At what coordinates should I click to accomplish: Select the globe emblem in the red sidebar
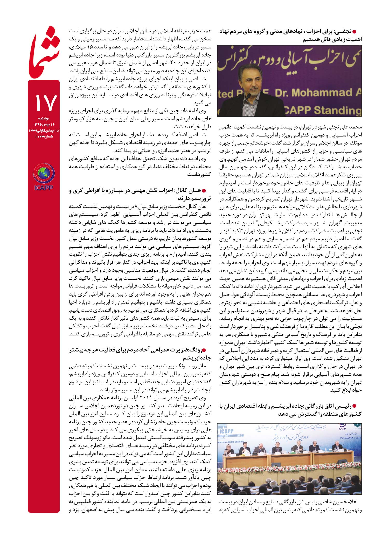coord(44,174)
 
